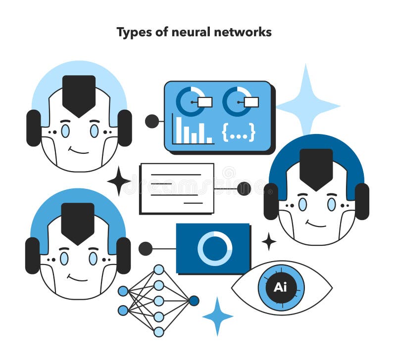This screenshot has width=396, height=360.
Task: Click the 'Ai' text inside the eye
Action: click(x=280, y=287)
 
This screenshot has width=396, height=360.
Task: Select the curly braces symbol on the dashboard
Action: click(x=239, y=132)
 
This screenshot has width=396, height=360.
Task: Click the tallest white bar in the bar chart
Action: click(x=179, y=130)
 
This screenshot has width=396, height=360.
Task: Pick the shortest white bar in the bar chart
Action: click(x=209, y=140)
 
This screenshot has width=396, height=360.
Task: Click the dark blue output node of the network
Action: click(x=194, y=301)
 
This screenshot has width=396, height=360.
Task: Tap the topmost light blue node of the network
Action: click(x=158, y=270)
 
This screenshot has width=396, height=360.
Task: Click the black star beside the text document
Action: click(x=119, y=181)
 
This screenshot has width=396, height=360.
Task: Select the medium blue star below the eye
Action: click(x=217, y=316)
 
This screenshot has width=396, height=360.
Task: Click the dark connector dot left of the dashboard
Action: click(x=152, y=121)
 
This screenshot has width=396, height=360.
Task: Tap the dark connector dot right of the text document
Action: click(x=244, y=189)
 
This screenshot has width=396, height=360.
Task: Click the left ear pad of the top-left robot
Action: click(x=34, y=128)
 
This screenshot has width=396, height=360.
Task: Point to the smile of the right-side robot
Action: click(x=316, y=225)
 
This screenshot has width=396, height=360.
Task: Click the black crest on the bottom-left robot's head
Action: click(x=78, y=223)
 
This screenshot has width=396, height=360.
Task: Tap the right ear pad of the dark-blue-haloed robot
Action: click(x=362, y=201)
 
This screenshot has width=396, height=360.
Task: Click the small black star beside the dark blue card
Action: click(x=269, y=242)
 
